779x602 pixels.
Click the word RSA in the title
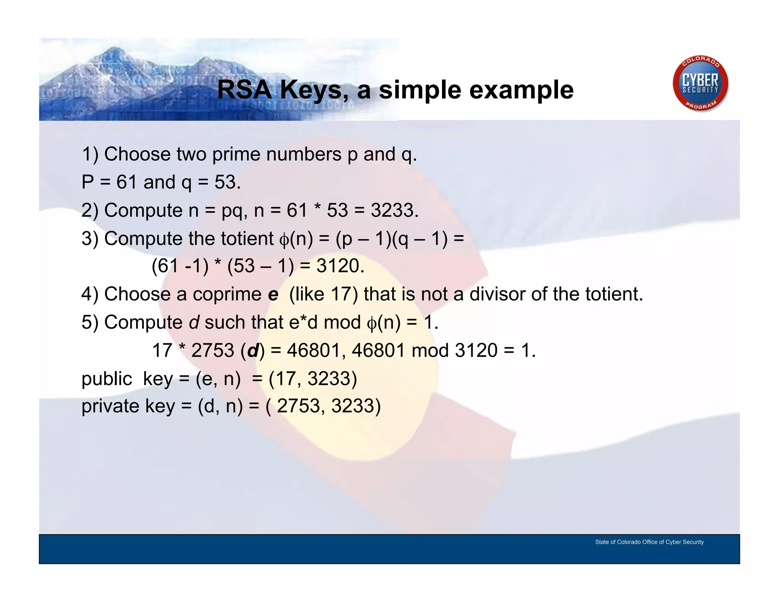[x=244, y=90]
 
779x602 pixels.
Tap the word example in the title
[x=521, y=90]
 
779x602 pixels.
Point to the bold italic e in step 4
[x=273, y=295]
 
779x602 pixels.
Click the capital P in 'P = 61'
[x=88, y=182]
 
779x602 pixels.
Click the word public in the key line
[x=107, y=379]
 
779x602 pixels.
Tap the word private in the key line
[x=111, y=406]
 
